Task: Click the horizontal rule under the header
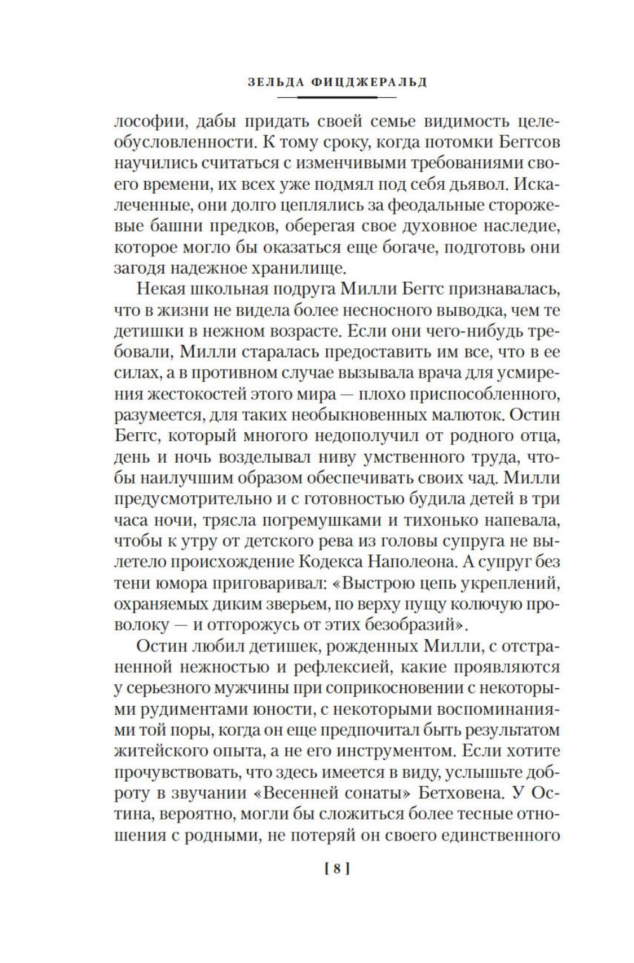pyautogui.click(x=337, y=96)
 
